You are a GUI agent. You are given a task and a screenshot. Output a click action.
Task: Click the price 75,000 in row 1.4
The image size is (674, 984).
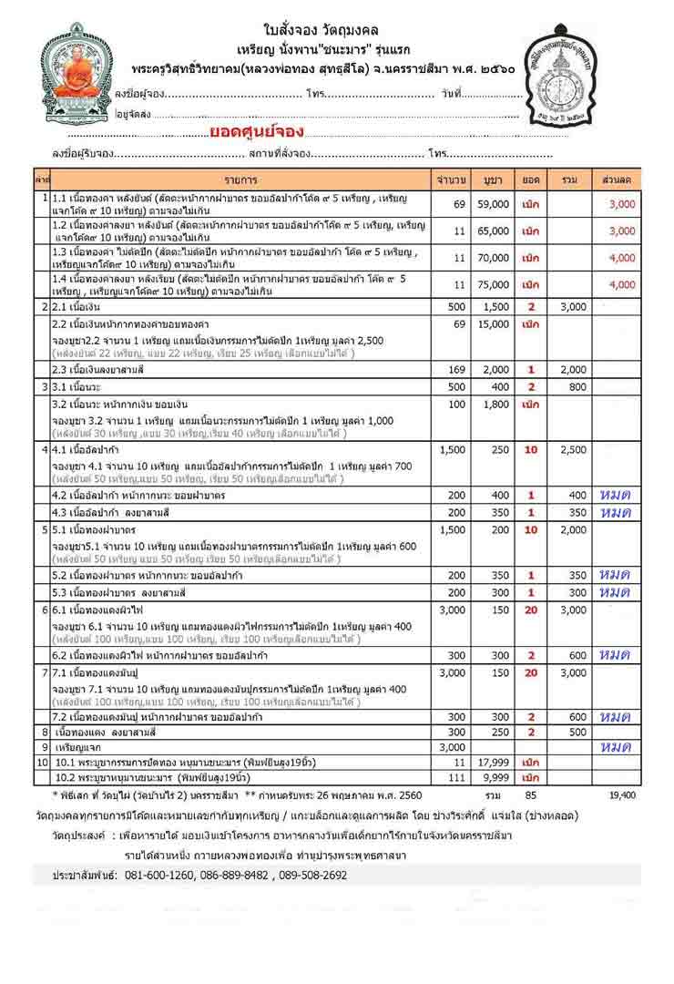[493, 284]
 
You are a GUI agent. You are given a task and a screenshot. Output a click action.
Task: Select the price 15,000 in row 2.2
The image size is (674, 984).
[493, 324]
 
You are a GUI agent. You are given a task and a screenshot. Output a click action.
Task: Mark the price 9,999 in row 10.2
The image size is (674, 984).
[493, 777]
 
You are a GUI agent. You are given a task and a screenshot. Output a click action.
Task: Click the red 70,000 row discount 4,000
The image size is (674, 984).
[622, 258]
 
